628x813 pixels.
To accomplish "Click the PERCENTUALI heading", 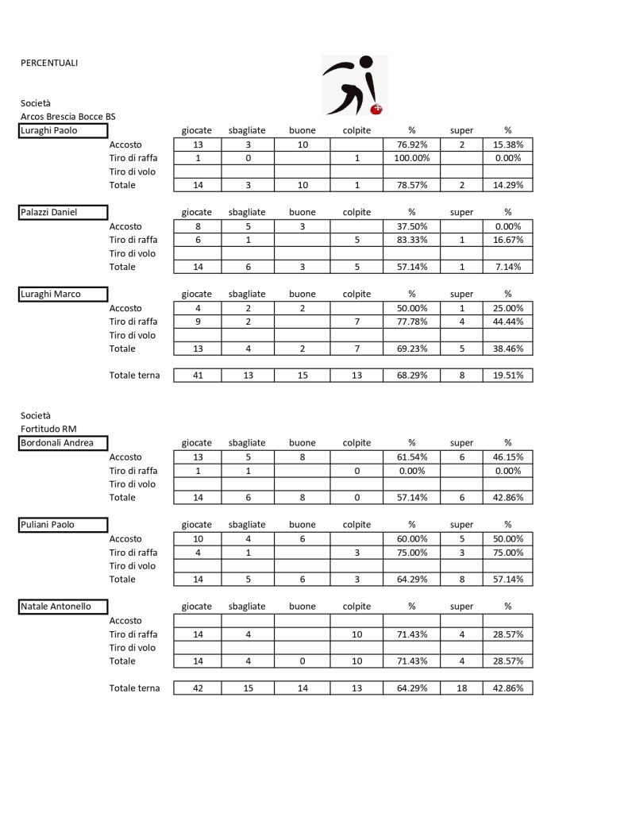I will (x=49, y=63).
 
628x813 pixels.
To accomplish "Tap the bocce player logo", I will (x=355, y=84).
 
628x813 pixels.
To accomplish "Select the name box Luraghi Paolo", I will (x=63, y=130).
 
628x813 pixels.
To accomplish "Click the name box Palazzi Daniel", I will (x=63, y=212).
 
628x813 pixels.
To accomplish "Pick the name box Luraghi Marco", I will (x=63, y=294).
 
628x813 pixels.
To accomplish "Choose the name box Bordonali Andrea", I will (x=63, y=443).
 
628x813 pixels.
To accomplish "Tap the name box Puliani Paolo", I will (x=63, y=525).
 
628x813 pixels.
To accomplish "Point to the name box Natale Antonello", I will (x=63, y=607).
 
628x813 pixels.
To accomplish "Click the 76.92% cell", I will (x=411, y=144).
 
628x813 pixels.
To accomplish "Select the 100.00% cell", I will (x=411, y=158).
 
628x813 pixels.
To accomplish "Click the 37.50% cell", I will (x=411, y=226).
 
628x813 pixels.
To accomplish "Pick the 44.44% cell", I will (x=507, y=322).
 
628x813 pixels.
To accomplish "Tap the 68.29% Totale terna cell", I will (x=411, y=376).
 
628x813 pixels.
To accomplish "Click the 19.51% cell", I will (x=507, y=376).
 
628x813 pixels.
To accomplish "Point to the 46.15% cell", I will (x=507, y=457).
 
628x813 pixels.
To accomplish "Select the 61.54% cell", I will (x=411, y=457).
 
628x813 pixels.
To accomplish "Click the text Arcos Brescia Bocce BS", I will (x=67, y=117).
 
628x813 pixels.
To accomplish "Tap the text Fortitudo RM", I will (x=48, y=430).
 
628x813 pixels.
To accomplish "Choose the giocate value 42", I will (x=197, y=688).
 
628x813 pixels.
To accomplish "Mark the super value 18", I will (x=461, y=688).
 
